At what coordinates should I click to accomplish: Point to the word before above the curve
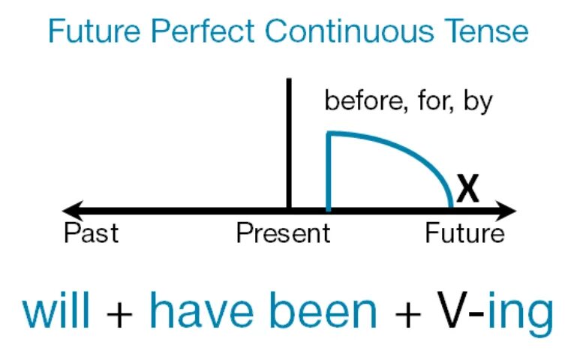pos(362,100)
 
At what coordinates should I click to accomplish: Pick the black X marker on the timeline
pos(467,190)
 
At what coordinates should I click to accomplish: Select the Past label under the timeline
pos(91,233)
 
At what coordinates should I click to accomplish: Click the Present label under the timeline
pos(283,233)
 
